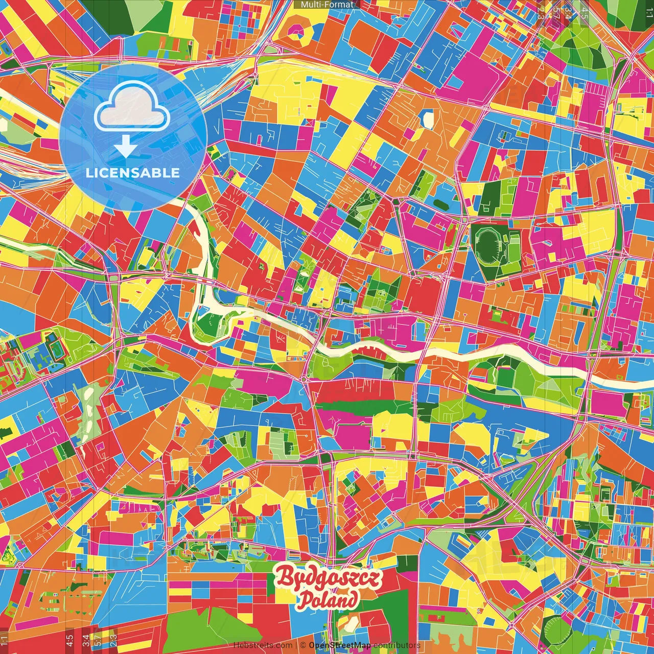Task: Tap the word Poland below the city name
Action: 328,600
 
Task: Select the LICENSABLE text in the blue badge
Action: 133,173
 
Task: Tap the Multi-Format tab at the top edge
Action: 327,5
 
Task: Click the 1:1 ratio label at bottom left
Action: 5,640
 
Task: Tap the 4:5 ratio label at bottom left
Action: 69,640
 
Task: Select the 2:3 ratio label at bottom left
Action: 113,640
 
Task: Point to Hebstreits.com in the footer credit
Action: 263,645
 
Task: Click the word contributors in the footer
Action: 396,645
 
